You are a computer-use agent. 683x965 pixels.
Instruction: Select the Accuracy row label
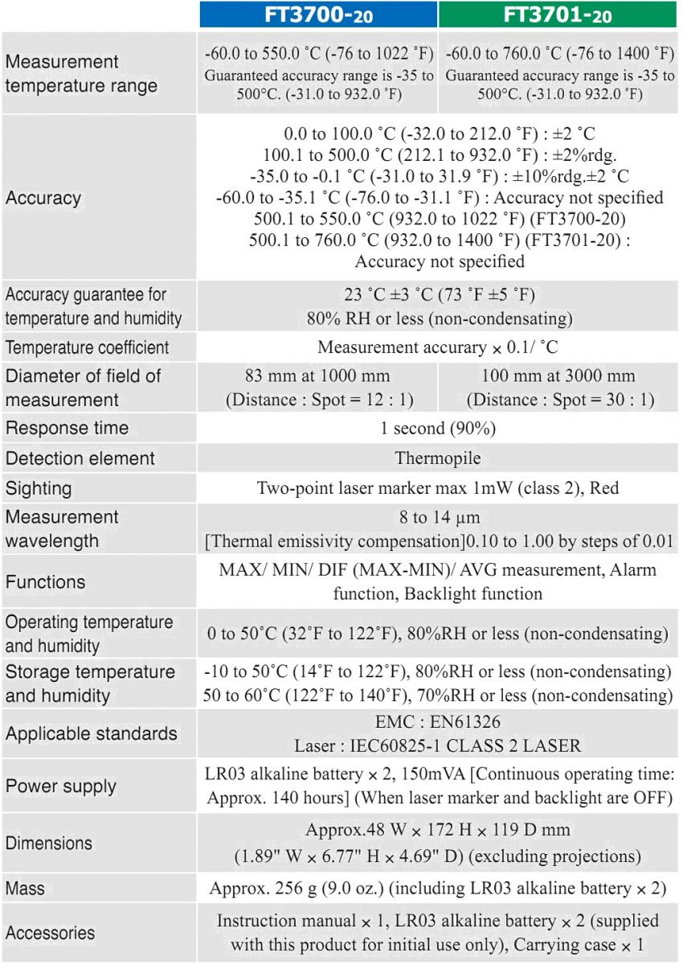pyautogui.click(x=43, y=198)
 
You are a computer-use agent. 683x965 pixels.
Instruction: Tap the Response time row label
pyautogui.click(x=67, y=428)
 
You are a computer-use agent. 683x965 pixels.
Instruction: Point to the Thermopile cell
pyautogui.click(x=436, y=458)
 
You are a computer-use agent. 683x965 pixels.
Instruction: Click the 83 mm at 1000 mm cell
pyautogui.click(x=317, y=387)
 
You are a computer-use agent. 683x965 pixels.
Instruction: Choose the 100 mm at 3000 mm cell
pyautogui.click(x=561, y=387)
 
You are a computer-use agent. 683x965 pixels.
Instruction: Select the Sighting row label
pyautogui.click(x=39, y=488)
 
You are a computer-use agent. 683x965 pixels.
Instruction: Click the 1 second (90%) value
pyautogui.click(x=436, y=429)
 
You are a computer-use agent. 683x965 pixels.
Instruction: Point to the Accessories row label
pyautogui.click(x=50, y=933)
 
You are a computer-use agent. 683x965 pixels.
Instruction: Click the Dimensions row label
pyautogui.click(x=49, y=844)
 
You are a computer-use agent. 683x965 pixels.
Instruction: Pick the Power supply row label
pyautogui.click(x=60, y=785)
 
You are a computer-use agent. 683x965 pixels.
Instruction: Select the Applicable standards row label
pyautogui.click(x=91, y=733)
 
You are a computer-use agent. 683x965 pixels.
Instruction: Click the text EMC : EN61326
pyautogui.click(x=436, y=722)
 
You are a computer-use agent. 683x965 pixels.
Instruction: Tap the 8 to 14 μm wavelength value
pyautogui.click(x=436, y=517)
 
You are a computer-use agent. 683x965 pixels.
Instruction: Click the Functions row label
pyautogui.click(x=45, y=581)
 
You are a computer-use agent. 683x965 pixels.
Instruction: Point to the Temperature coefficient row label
pyautogui.click(x=88, y=348)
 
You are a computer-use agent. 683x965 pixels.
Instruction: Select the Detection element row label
pyautogui.click(x=80, y=458)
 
